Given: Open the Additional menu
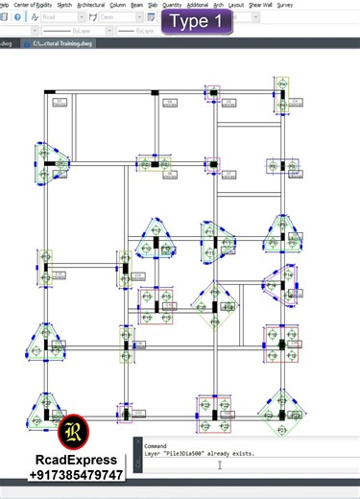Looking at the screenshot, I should [197, 5].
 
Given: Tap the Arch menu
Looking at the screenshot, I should [218, 5].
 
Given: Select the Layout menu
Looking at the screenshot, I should [235, 5].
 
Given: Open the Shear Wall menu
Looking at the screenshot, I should [260, 5].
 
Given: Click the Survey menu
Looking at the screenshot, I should [285, 5].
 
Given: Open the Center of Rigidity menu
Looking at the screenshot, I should [33, 5].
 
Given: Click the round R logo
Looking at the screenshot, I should [73, 433].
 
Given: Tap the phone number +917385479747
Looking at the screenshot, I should [77, 475].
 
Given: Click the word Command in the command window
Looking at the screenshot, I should [156, 445].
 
